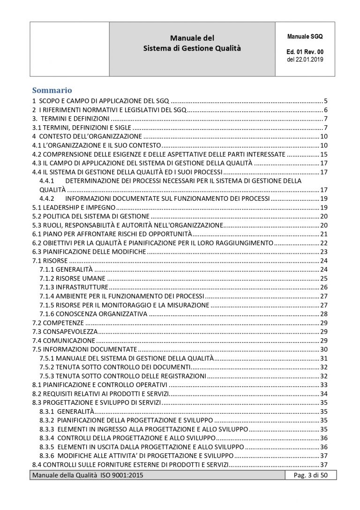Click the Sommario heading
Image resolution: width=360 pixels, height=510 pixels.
click(52, 90)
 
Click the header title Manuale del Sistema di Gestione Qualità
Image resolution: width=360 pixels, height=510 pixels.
click(192, 43)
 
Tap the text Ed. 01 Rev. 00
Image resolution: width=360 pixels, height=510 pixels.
click(305, 52)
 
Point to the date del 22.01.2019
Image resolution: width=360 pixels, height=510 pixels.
click(305, 60)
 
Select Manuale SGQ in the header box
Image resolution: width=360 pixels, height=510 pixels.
click(305, 36)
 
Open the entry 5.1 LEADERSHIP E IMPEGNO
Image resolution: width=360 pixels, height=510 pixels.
click(73, 207)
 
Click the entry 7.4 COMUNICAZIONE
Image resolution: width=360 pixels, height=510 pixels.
click(64, 340)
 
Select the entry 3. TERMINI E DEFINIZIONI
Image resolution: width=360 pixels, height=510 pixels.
click(70, 118)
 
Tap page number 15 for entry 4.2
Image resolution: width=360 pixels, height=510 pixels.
click(323, 154)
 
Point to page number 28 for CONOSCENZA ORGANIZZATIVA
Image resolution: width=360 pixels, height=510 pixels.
click(323, 314)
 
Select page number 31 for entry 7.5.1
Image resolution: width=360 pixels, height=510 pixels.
click(323, 358)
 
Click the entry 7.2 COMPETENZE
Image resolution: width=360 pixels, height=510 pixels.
click(58, 323)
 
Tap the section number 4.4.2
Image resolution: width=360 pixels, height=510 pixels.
click(48, 198)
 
